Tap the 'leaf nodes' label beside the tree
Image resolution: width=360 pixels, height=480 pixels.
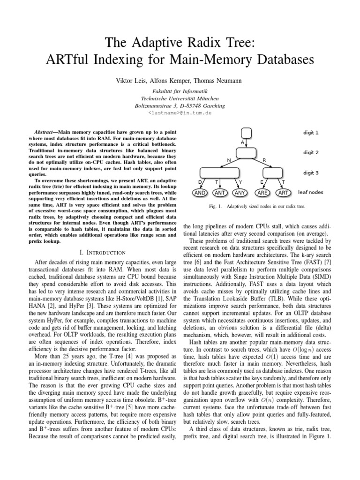(310, 192)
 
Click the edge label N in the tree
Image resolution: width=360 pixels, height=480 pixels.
(228, 160)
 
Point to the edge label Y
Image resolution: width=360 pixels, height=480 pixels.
(240, 181)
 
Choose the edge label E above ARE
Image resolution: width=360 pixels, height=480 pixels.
(261, 181)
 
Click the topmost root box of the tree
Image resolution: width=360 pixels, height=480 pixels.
(246, 134)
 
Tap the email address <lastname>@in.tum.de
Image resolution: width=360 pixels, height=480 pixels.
(180, 113)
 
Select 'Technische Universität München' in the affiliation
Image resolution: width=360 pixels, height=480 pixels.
(180, 98)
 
